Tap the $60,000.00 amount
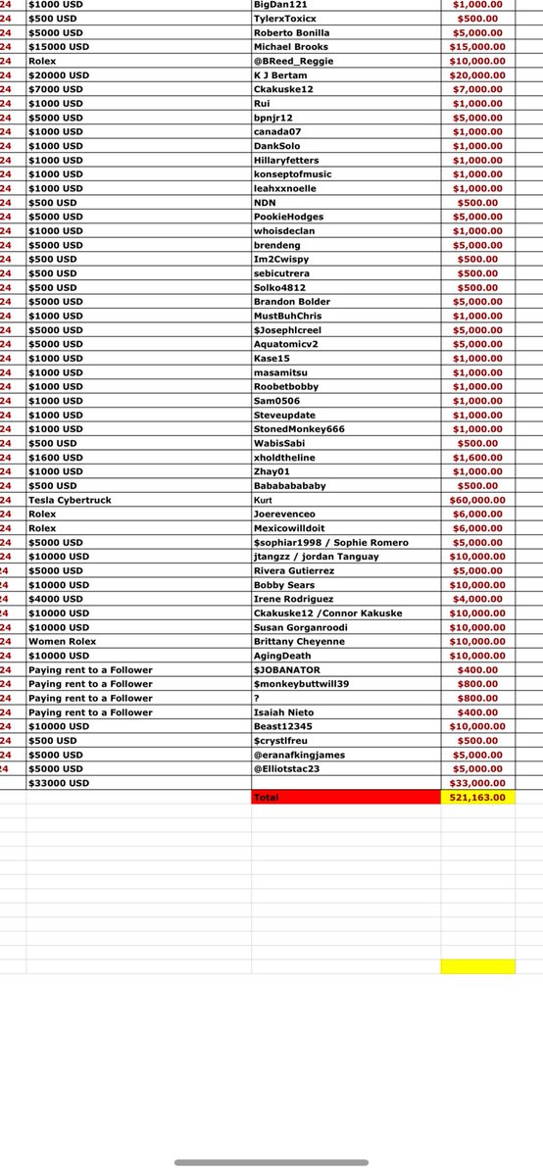point(477,500)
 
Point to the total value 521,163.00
point(477,798)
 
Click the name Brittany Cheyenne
point(300,641)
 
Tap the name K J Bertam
point(282,74)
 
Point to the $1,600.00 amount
point(477,458)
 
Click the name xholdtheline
point(285,458)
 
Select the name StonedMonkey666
point(295,429)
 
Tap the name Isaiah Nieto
point(284,712)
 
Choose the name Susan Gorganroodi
point(301,627)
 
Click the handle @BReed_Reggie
point(292,61)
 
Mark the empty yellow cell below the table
point(477,966)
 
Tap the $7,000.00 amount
point(477,89)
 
